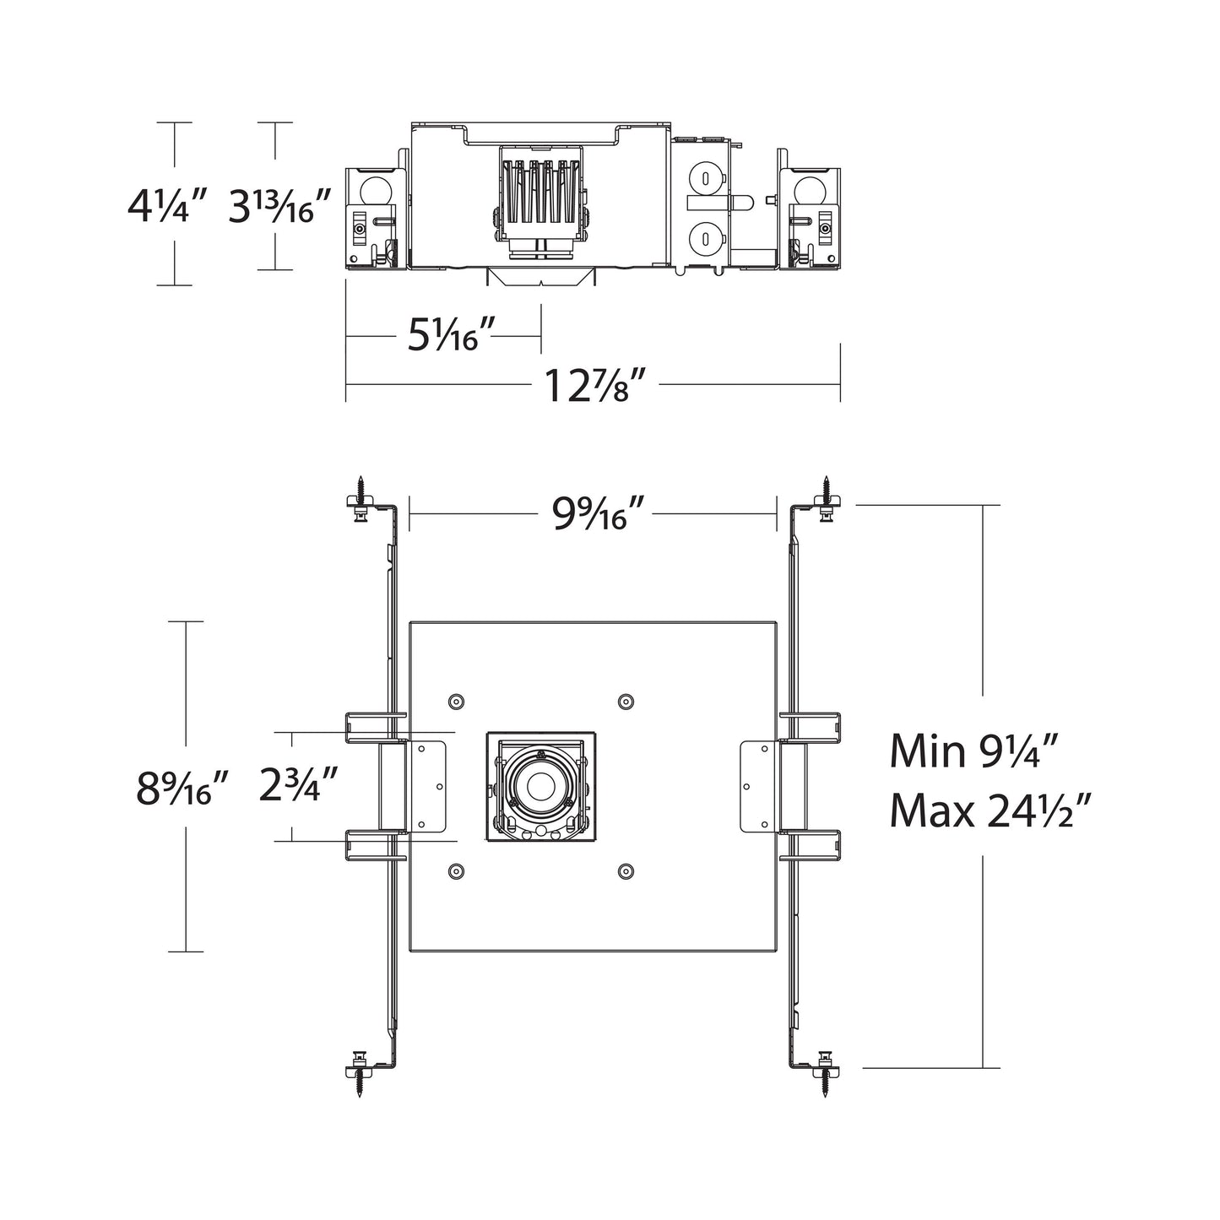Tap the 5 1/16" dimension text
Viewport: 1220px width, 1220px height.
(444, 336)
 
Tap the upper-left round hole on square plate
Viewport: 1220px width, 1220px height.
(457, 701)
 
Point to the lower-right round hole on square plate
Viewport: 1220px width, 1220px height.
(626, 870)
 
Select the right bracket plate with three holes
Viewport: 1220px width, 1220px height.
(757, 787)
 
